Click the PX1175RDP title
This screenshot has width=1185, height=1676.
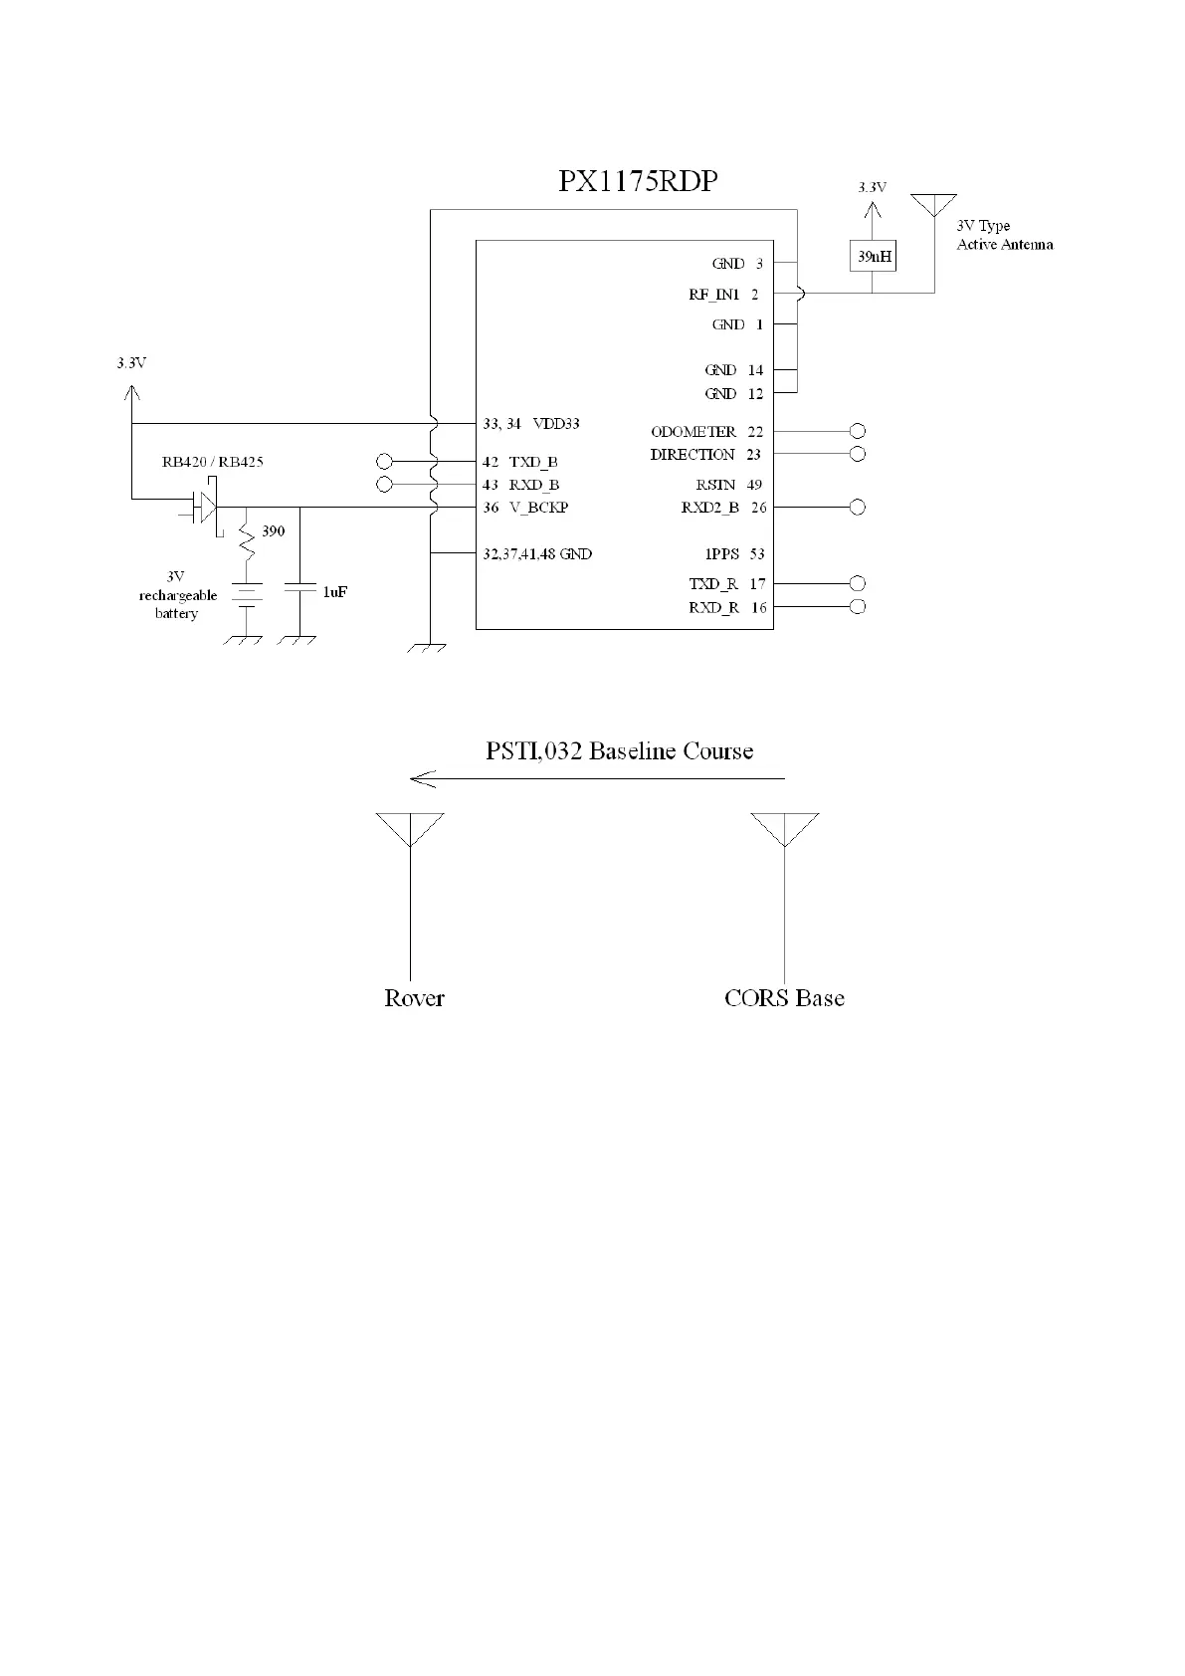coord(638,181)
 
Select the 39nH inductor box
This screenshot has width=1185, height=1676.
coord(874,256)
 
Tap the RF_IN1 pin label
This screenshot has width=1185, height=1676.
coord(714,295)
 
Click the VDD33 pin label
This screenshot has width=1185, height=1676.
coord(556,424)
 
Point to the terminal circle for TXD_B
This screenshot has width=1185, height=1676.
coord(385,461)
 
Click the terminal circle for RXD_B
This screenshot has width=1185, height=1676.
coord(385,485)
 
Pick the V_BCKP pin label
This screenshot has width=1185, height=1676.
coord(538,508)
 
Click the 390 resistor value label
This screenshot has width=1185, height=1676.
coord(273,531)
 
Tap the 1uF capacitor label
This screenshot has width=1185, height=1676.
coord(334,591)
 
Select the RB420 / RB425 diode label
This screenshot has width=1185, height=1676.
coord(213,462)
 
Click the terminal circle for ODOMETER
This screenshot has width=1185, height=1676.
coord(858,431)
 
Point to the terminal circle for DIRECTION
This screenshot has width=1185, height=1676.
coord(858,454)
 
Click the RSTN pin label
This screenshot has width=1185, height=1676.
coord(715,485)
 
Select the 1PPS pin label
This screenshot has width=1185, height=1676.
coord(721,554)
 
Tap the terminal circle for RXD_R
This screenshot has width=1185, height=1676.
coord(858,607)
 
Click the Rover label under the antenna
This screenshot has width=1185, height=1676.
coord(414,998)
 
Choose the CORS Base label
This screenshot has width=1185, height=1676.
coord(784,998)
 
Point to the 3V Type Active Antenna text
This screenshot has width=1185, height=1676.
coord(1004,235)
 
